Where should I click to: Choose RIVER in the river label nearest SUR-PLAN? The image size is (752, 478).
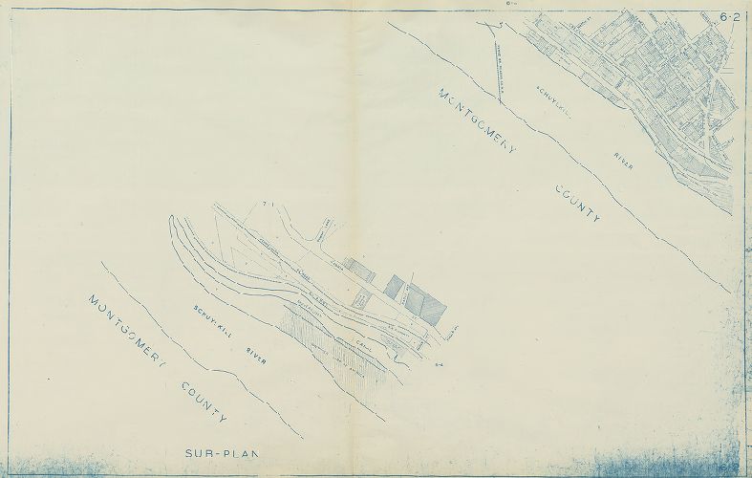pyautogui.click(x=258, y=356)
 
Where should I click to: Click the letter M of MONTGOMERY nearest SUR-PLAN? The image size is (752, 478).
pyautogui.click(x=94, y=301)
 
